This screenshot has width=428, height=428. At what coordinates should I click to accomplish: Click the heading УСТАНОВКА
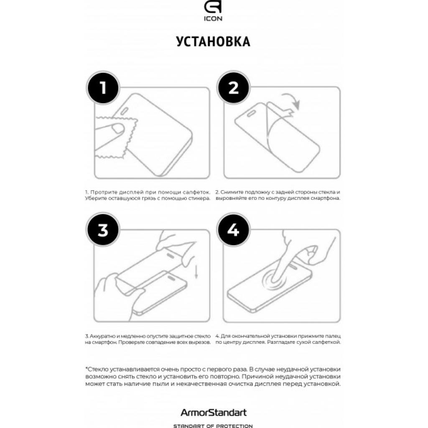pos(214,42)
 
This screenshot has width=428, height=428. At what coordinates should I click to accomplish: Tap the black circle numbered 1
pos(102,88)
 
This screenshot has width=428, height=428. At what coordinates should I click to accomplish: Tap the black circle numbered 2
pos(233,88)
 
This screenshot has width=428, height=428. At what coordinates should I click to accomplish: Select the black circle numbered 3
pos(102,231)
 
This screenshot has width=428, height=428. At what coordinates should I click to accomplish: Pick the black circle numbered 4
pos(233,231)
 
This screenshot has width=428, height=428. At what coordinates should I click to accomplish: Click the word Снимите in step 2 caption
pos(231,192)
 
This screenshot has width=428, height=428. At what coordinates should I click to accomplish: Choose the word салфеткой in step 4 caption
pos(326,342)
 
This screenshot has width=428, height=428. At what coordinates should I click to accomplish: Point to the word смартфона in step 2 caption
pos(326,198)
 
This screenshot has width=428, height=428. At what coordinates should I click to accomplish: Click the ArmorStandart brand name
pos(214,413)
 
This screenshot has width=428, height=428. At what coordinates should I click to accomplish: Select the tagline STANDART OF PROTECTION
pos(214,425)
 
